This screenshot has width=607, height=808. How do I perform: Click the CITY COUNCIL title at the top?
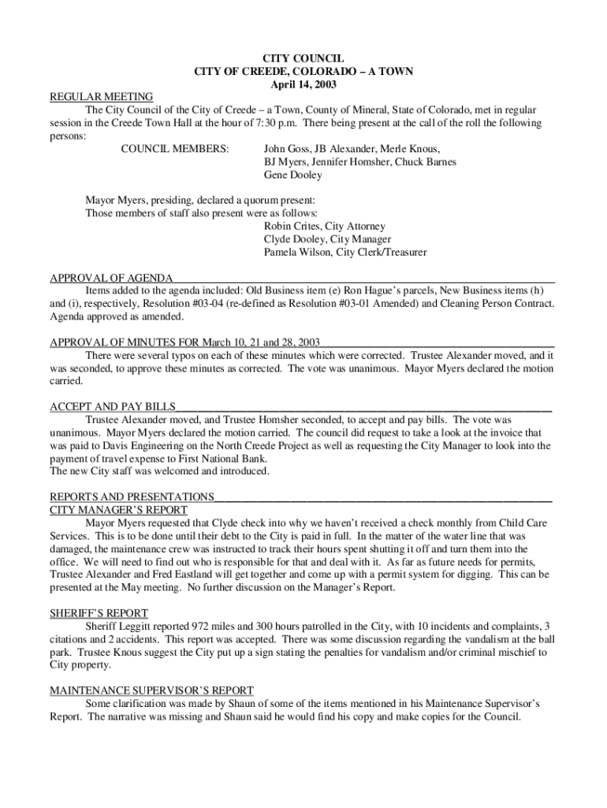303,58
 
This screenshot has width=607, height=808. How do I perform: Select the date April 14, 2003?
303,84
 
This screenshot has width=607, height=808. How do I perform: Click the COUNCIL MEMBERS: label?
174,148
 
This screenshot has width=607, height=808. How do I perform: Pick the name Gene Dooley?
293,174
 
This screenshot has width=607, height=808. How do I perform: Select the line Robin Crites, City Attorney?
325,226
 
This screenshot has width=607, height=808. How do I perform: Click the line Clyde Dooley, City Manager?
327,239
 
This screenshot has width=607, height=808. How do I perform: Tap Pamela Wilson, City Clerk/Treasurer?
345,252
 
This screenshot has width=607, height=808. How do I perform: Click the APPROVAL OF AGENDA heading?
111,278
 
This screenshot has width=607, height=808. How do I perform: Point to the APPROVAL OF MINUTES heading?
184,342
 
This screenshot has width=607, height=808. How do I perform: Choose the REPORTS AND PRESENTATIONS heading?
132,497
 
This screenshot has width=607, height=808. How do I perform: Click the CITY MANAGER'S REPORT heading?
118,510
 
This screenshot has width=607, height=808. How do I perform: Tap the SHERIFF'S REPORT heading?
99,613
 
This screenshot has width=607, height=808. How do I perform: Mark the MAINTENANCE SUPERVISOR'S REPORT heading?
151,690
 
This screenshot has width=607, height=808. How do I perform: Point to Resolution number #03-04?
240,304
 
